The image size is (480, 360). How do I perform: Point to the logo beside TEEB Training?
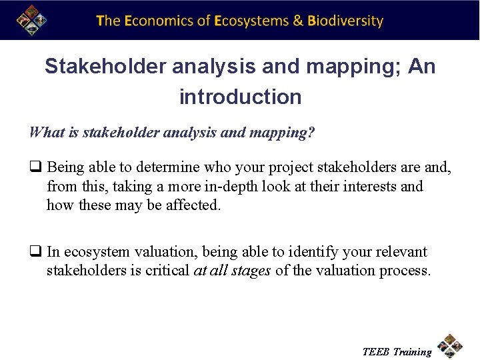point(451,347)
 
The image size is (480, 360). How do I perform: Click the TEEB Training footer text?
point(397,351)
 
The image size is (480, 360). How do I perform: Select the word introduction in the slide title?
point(240,97)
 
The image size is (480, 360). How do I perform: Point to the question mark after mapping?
point(311,132)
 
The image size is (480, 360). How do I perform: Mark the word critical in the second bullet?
point(165,271)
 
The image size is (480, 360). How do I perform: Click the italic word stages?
point(249,271)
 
